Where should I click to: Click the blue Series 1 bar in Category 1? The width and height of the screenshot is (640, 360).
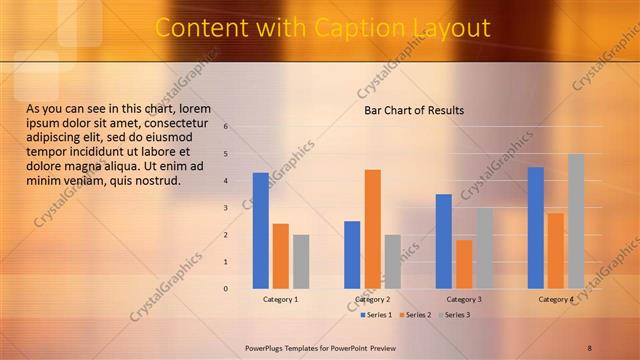(261, 231)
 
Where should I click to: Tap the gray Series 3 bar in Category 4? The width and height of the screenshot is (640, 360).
(576, 221)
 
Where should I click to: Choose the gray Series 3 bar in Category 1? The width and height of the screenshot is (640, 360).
(301, 262)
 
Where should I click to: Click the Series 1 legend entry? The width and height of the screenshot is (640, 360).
(376, 315)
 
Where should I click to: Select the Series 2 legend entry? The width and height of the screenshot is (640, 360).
(417, 315)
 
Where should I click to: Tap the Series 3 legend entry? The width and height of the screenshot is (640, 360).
(456, 315)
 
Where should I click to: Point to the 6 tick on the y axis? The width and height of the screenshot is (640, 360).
(226, 127)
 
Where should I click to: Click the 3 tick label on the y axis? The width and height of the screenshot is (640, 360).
(226, 208)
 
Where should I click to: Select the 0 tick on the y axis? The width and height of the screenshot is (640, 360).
(226, 289)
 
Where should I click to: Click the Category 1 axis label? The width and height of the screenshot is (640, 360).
(281, 299)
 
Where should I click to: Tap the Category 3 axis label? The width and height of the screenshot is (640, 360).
(465, 299)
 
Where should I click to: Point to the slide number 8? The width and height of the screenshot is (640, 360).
(590, 347)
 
